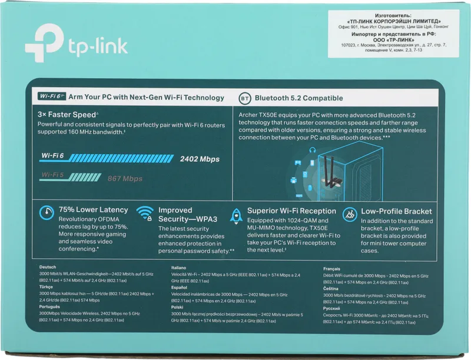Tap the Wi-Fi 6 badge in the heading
click(x=51, y=96)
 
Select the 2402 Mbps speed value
click(x=199, y=159)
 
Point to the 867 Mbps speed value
click(x=125, y=178)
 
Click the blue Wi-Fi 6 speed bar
click(x=107, y=158)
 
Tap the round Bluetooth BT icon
click(x=244, y=98)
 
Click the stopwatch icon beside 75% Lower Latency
click(x=47, y=213)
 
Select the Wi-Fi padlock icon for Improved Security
click(x=145, y=212)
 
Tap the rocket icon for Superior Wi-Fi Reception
click(x=236, y=215)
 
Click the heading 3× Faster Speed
click(x=67, y=115)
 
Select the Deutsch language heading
click(x=48, y=267)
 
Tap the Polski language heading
click(x=177, y=307)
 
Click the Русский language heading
click(x=333, y=308)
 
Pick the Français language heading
click(x=332, y=268)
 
